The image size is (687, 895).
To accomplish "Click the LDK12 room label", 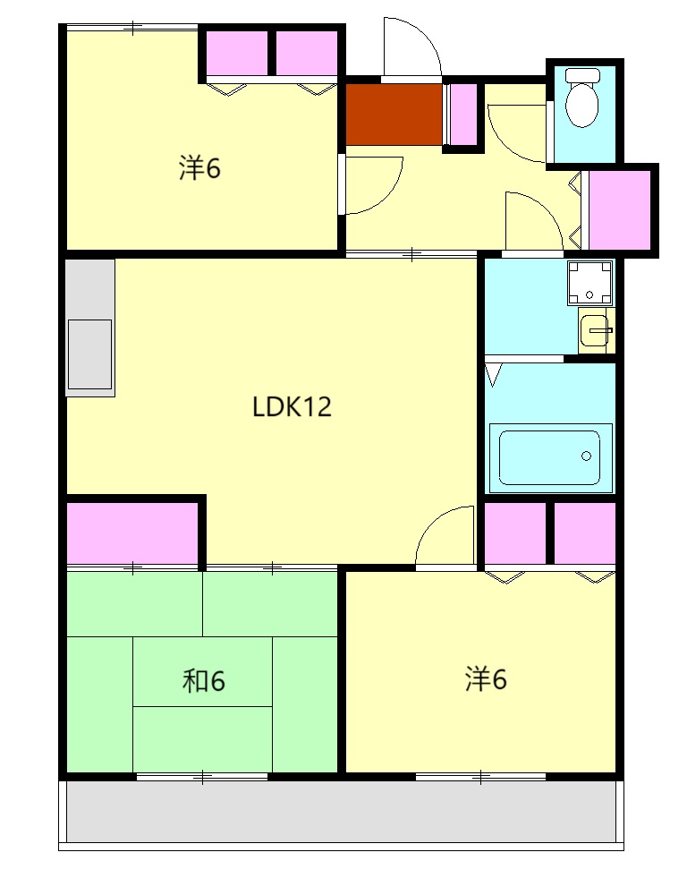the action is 292,407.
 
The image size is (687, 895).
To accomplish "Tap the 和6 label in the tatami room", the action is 204,681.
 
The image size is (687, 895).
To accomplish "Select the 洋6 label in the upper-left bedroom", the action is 199,168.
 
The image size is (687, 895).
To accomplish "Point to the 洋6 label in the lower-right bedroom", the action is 486,679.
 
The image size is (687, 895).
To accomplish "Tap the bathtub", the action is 549,457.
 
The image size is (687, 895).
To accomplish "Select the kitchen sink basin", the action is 89,354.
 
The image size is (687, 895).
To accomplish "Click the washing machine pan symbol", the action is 589,283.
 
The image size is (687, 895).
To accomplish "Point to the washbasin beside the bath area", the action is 594,330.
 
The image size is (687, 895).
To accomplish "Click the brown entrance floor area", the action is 394,115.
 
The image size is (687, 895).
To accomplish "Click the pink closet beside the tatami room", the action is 132,533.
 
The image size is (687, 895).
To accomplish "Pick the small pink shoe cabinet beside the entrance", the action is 463,115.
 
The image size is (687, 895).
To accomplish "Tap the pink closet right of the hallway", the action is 620,209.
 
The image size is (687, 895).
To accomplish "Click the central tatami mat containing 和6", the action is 202,672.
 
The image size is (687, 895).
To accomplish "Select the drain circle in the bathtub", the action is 586,456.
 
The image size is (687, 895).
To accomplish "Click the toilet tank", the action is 582,75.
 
